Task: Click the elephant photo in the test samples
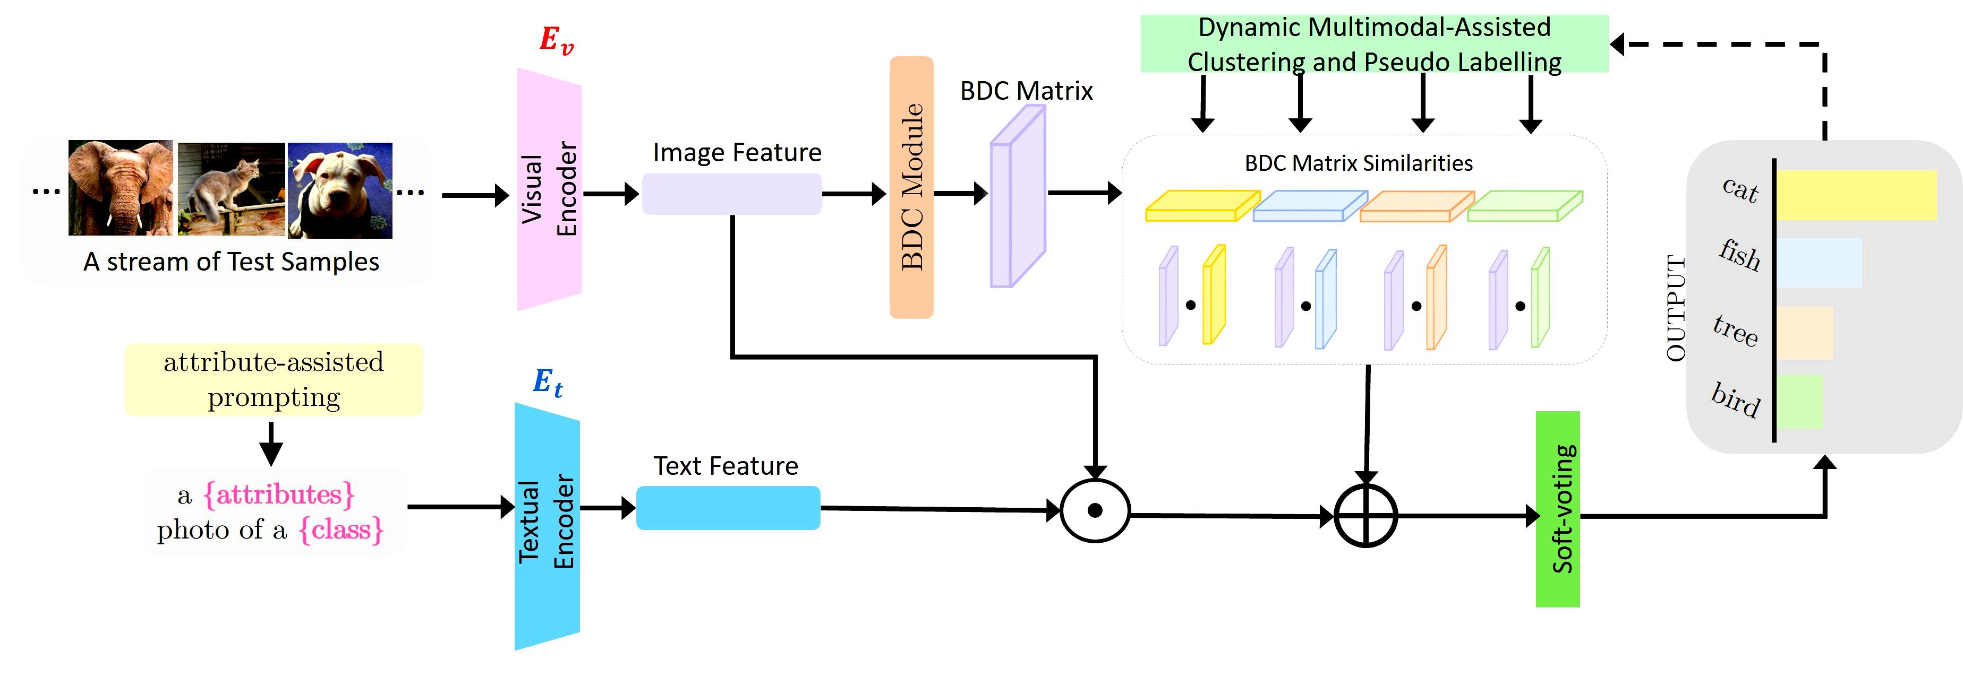(x=121, y=187)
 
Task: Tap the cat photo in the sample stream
(x=231, y=189)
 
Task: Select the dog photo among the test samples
(x=340, y=190)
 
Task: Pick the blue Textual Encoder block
(x=547, y=525)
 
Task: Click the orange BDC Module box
(x=911, y=187)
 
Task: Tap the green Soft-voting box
(x=1558, y=509)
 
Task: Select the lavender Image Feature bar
(x=731, y=194)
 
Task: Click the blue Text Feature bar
(x=728, y=508)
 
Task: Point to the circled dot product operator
(x=1095, y=511)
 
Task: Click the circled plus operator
(x=1365, y=516)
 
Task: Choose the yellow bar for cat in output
(x=1856, y=195)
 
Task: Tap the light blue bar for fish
(x=1820, y=263)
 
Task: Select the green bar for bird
(x=1800, y=401)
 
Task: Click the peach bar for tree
(x=1805, y=333)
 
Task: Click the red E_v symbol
(x=556, y=40)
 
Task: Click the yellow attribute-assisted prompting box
(x=274, y=379)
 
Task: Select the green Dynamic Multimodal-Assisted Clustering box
(x=1374, y=44)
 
